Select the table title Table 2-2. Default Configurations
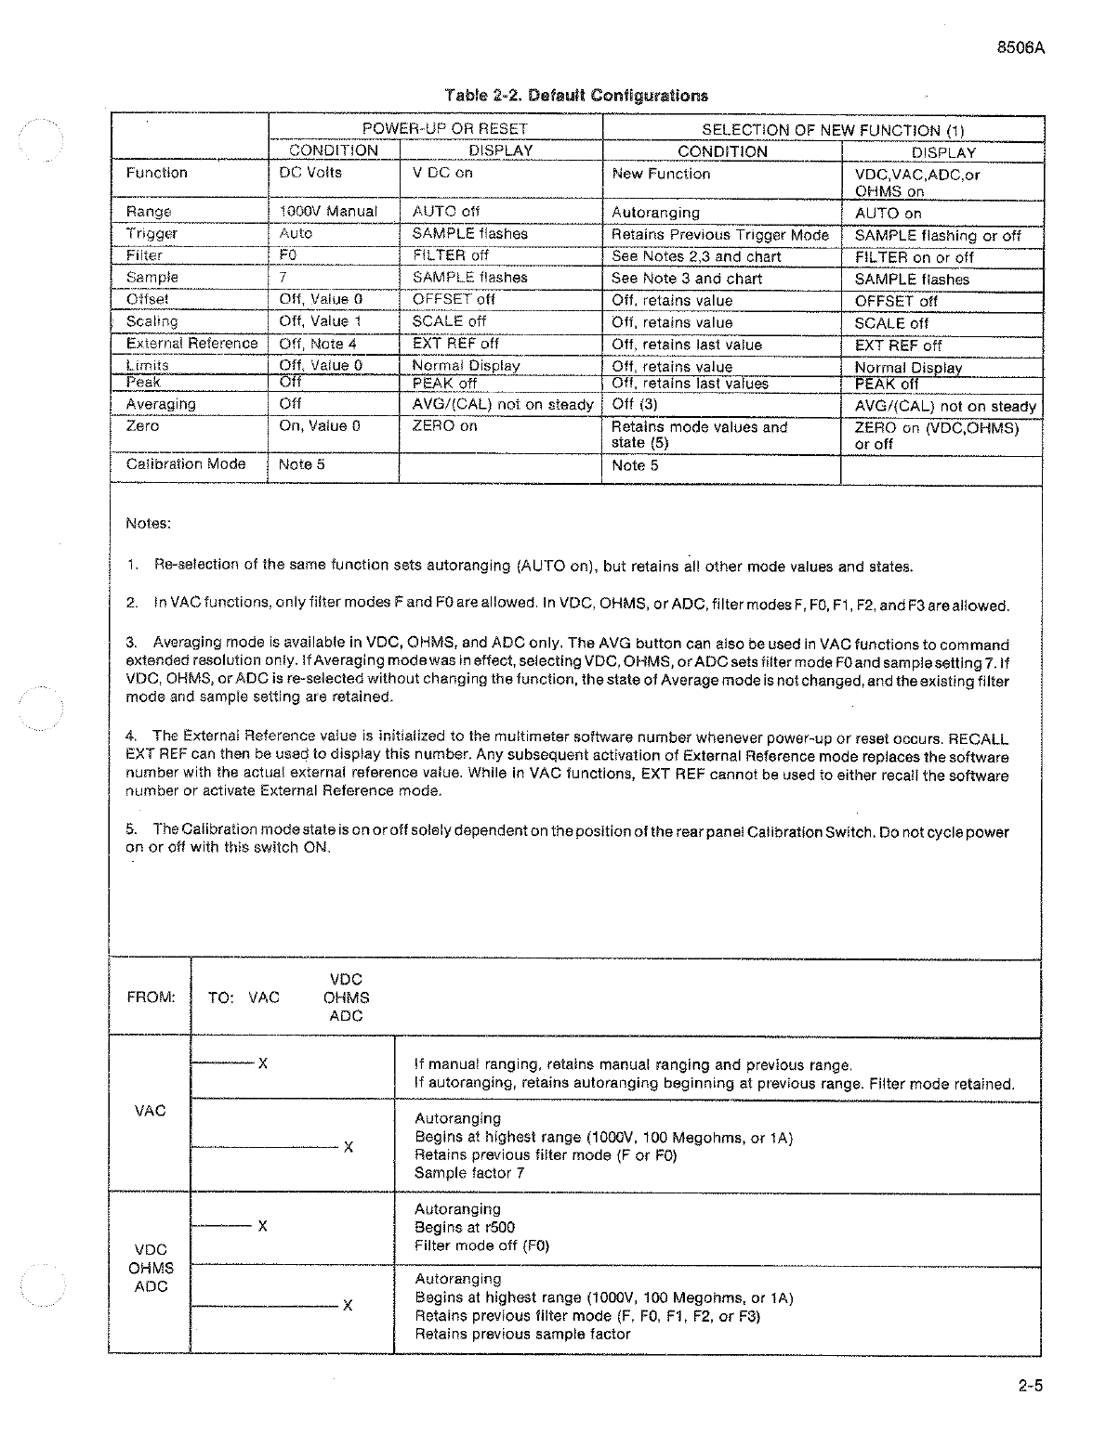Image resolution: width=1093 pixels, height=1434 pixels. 576,95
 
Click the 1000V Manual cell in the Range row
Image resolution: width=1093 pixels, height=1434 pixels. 328,211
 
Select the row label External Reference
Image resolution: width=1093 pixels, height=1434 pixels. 191,344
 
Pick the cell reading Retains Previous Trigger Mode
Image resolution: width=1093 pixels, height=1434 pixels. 719,235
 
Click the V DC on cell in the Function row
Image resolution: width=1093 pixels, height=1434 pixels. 442,173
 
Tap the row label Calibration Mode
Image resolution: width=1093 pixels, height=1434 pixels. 186,464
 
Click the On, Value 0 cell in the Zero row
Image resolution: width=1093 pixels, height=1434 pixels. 321,426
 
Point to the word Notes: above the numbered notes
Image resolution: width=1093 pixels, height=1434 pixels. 148,523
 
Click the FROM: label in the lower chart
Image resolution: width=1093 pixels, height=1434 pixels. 151,997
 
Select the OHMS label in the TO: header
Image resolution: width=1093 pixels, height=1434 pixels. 346,997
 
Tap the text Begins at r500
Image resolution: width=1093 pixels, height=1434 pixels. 465,1227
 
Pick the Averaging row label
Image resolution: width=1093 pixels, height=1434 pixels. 161,404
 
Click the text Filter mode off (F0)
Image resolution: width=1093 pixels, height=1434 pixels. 481,1245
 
